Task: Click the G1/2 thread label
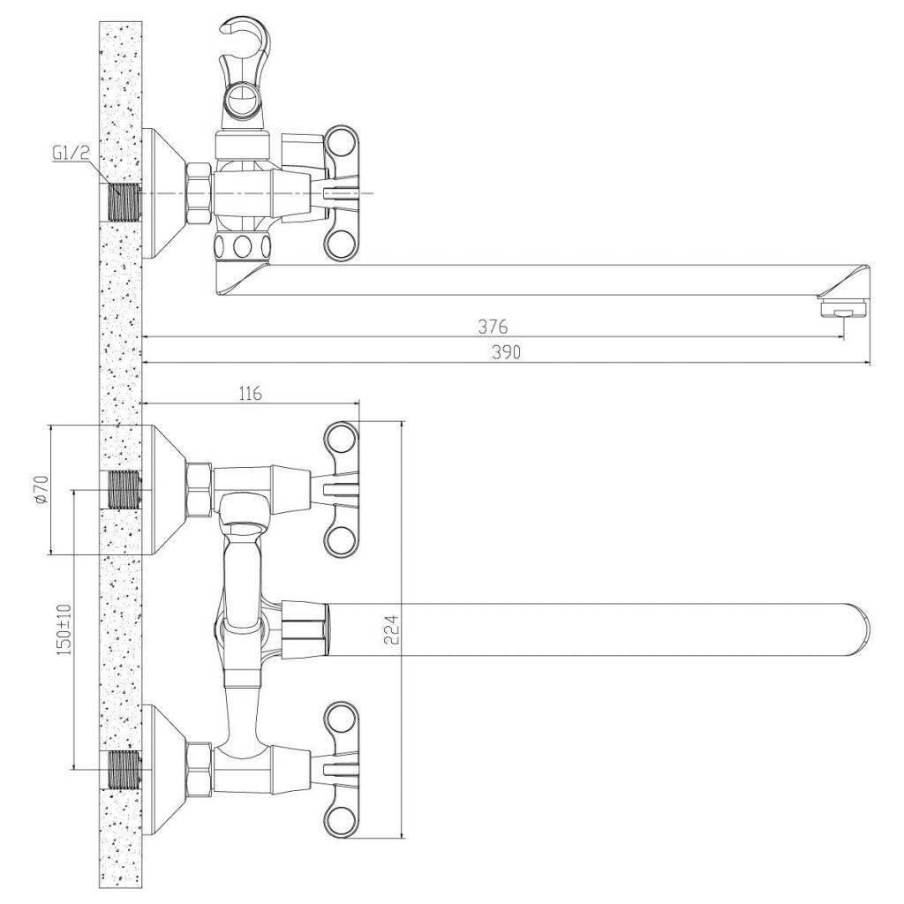point(71,154)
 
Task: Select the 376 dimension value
point(493,327)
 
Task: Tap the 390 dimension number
point(506,352)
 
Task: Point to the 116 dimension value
point(250,393)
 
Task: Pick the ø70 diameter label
point(41,491)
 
